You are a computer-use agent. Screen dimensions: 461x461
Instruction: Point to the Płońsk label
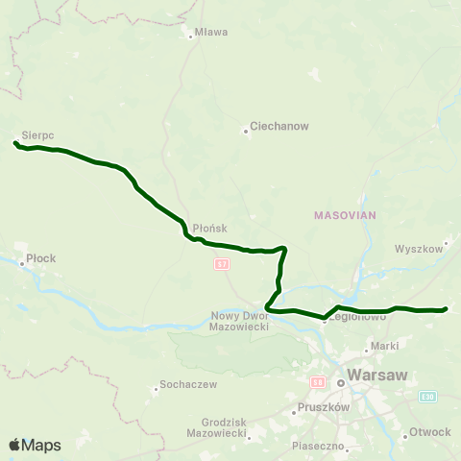tap(208, 228)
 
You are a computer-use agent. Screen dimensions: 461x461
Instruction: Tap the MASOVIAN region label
tap(344, 216)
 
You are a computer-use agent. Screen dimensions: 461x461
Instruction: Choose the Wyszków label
tap(418, 248)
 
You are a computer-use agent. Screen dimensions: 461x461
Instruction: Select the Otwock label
tap(429, 431)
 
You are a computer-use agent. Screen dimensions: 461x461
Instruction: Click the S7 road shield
tap(222, 262)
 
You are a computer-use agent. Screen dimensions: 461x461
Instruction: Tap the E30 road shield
tap(427, 396)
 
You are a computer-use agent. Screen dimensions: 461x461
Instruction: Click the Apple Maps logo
tap(35, 445)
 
